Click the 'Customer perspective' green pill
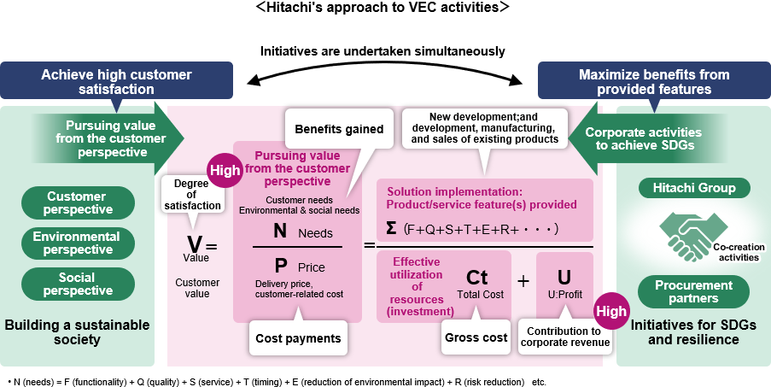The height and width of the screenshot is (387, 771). [79, 202]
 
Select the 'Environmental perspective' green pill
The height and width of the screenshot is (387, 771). [79, 243]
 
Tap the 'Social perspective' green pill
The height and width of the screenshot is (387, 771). [79, 284]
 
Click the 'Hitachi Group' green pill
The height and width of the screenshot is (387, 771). [694, 188]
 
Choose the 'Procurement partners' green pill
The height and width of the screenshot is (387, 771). [694, 291]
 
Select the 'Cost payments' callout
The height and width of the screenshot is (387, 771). [298, 338]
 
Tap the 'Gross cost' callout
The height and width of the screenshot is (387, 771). [476, 337]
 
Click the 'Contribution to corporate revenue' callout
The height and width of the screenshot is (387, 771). [564, 337]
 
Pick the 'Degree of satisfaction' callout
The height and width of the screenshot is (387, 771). [191, 194]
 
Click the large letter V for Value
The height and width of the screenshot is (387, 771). [195, 244]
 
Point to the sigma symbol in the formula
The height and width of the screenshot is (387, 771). [392, 228]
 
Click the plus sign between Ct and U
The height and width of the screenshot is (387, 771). [523, 281]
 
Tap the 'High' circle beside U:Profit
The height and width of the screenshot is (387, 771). [610, 312]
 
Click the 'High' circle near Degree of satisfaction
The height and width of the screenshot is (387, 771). [225, 170]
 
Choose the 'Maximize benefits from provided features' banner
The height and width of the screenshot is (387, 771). [654, 81]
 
